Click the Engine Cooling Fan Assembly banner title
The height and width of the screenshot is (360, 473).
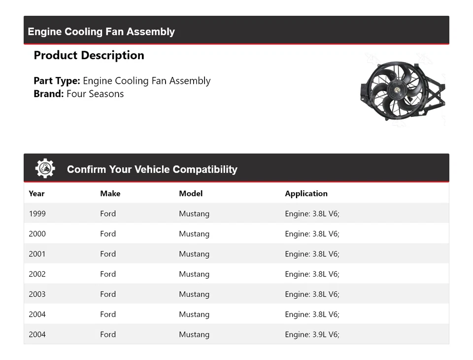coord(101,32)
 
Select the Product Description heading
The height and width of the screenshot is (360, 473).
coord(89,55)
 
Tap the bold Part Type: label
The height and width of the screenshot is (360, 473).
coord(57,81)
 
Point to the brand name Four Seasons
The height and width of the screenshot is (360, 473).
coord(95,94)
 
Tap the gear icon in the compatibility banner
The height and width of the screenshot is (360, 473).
coord(45,169)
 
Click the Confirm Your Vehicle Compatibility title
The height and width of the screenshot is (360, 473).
coord(152,169)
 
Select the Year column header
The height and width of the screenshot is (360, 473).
coord(36,193)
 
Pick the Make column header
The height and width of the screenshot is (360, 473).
coord(110,193)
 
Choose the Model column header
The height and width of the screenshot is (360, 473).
coord(191,193)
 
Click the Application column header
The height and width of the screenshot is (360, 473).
coord(306,193)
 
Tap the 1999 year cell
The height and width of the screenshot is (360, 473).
coord(37,214)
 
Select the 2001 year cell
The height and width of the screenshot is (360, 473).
coord(37,254)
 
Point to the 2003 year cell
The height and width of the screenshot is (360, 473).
coord(37,294)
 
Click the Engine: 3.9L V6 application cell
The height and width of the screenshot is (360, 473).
coord(312,334)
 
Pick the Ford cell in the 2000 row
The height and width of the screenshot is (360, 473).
coord(108,234)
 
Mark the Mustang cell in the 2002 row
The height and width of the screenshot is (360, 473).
coord(194,274)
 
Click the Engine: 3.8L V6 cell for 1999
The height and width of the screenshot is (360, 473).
coord(312,214)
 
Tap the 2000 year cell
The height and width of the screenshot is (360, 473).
coord(37,234)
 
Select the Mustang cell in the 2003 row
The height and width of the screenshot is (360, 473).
coord(194,294)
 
